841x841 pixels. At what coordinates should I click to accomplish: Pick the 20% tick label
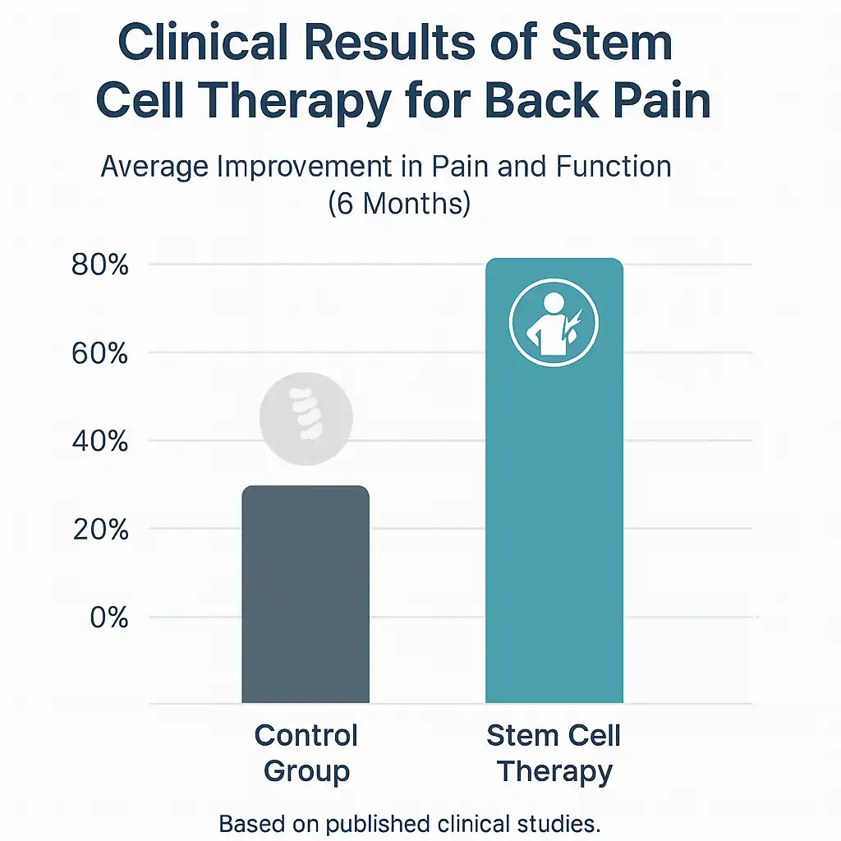pos(100,530)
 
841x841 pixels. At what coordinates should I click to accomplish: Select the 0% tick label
pos(108,617)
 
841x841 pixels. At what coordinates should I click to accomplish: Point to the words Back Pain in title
pos(596,103)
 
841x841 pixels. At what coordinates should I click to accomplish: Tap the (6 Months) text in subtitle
pos(399,202)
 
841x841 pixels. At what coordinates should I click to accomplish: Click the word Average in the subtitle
pos(154,167)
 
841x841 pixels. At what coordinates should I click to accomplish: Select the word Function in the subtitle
pos(613,167)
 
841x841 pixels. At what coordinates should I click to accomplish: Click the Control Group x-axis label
pos(306,752)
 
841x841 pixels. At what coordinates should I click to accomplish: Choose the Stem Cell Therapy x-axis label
pos(554,752)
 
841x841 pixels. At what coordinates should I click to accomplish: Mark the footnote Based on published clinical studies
pos(409,823)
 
